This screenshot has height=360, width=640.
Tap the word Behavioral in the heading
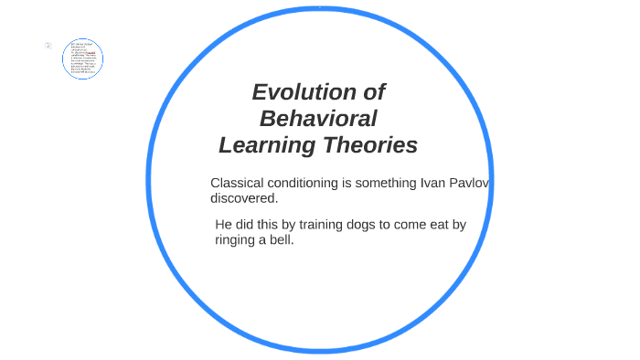click(x=318, y=119)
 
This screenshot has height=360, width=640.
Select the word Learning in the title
click(x=266, y=145)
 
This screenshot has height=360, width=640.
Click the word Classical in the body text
click(x=238, y=183)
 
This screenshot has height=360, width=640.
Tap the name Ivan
click(x=432, y=183)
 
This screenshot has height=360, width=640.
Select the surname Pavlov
click(x=470, y=183)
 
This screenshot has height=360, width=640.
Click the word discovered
click(x=243, y=198)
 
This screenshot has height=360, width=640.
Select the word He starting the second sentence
click(x=225, y=225)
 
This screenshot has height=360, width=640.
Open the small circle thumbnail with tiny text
click(x=83, y=59)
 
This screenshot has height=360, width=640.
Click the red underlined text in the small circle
click(x=91, y=53)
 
